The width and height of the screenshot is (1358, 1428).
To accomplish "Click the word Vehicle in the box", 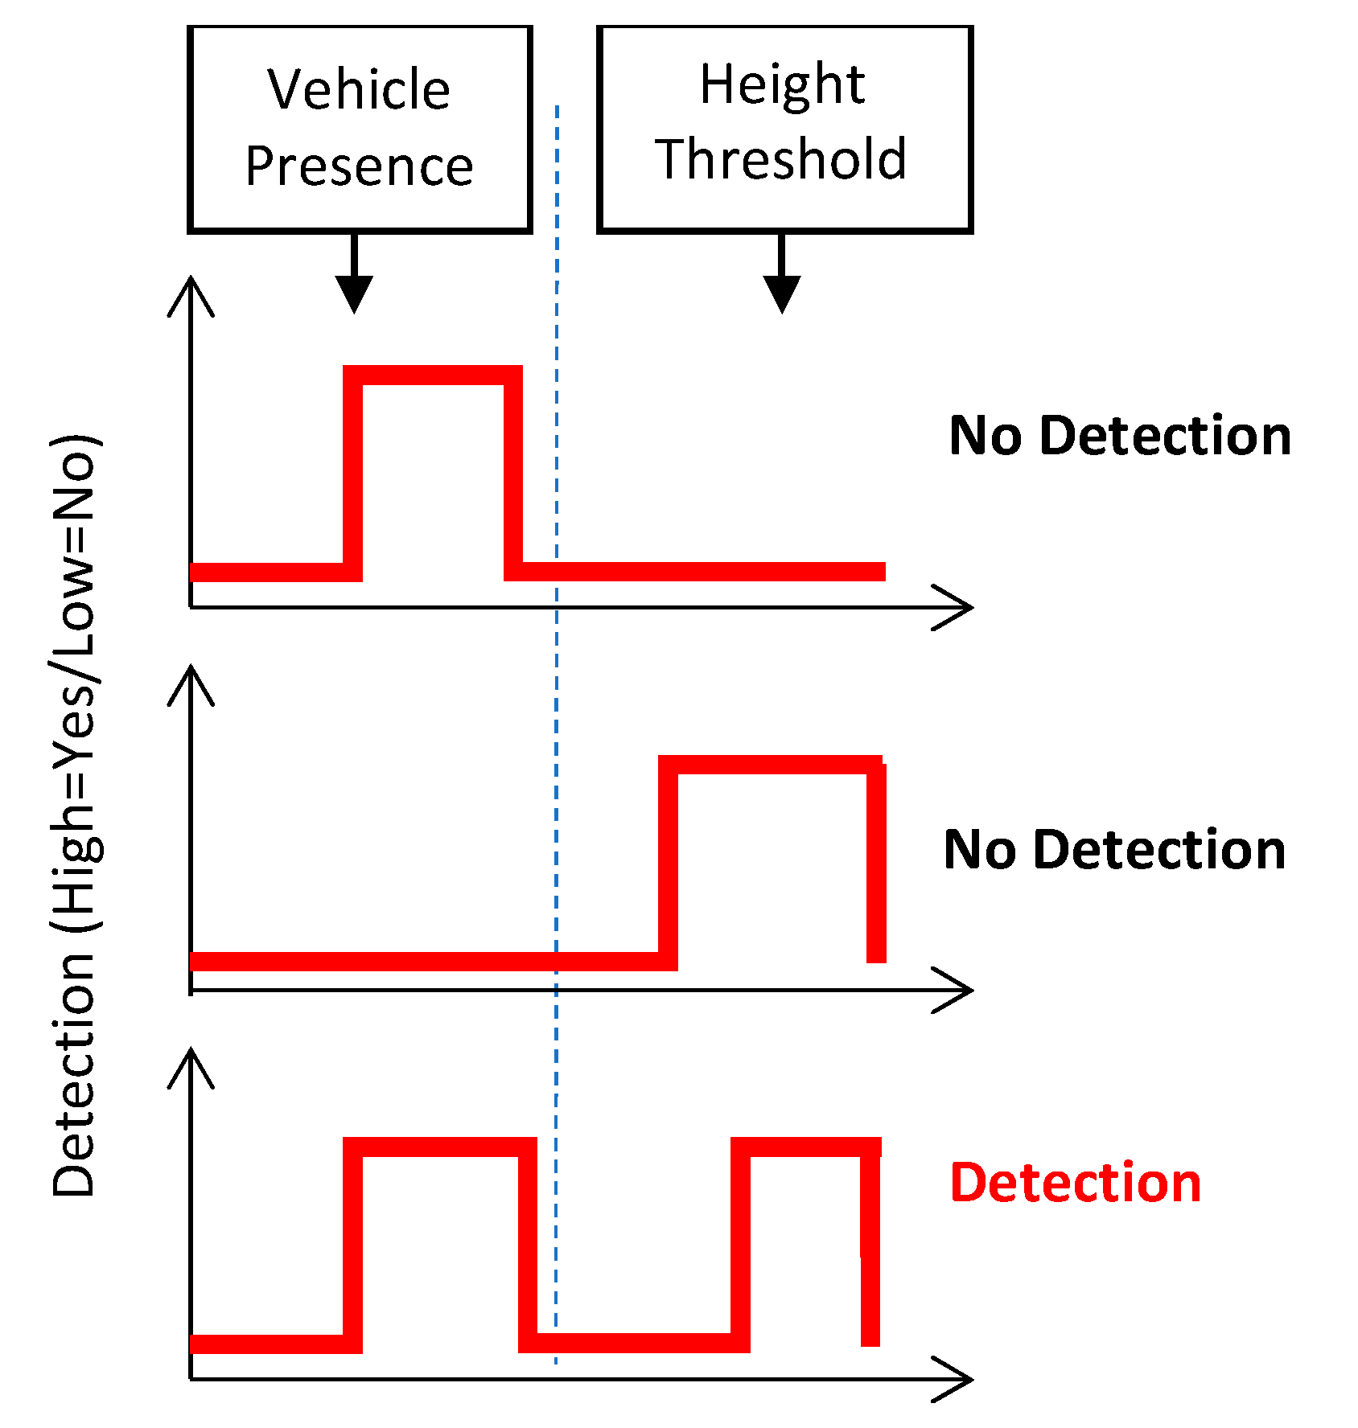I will (x=359, y=89).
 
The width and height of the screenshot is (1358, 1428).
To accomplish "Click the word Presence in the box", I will (x=359, y=166).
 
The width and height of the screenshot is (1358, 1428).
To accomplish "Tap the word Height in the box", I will (x=782, y=84).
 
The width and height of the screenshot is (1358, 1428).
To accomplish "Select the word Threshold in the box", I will (x=782, y=158).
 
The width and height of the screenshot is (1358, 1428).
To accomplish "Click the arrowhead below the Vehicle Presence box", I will (x=354, y=293).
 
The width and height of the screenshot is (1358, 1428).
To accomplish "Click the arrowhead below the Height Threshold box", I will (x=781, y=293).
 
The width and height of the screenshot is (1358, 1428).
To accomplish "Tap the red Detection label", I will (x=1075, y=1183).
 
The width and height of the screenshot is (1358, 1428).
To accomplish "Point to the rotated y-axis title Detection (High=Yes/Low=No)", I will (x=74, y=816).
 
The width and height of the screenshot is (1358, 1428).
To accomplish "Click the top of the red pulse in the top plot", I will (x=433, y=375).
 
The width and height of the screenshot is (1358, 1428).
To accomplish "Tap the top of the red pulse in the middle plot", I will (x=771, y=765).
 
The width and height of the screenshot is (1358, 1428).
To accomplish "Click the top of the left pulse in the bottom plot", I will (x=440, y=1147).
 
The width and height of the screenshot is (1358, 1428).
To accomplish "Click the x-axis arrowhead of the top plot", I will (x=961, y=608).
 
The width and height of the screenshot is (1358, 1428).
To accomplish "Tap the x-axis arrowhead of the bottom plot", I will (x=961, y=1380).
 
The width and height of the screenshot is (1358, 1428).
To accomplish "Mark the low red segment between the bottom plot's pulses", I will (x=635, y=1343).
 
